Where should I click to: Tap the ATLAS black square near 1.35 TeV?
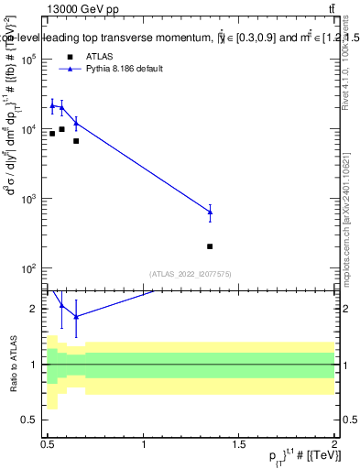(x=211, y=246)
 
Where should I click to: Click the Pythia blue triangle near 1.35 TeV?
(x=211, y=212)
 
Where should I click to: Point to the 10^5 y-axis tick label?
(x=30, y=59)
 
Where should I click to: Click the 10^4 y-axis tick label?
(x=30, y=129)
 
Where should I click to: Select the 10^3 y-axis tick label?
(x=30, y=199)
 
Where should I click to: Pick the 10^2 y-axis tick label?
(x=30, y=268)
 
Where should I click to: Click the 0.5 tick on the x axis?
(x=48, y=444)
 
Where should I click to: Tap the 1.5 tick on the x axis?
(x=240, y=444)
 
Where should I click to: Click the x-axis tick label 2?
(x=335, y=444)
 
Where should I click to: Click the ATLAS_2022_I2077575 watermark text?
(x=191, y=273)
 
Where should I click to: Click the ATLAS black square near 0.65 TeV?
(x=76, y=141)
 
